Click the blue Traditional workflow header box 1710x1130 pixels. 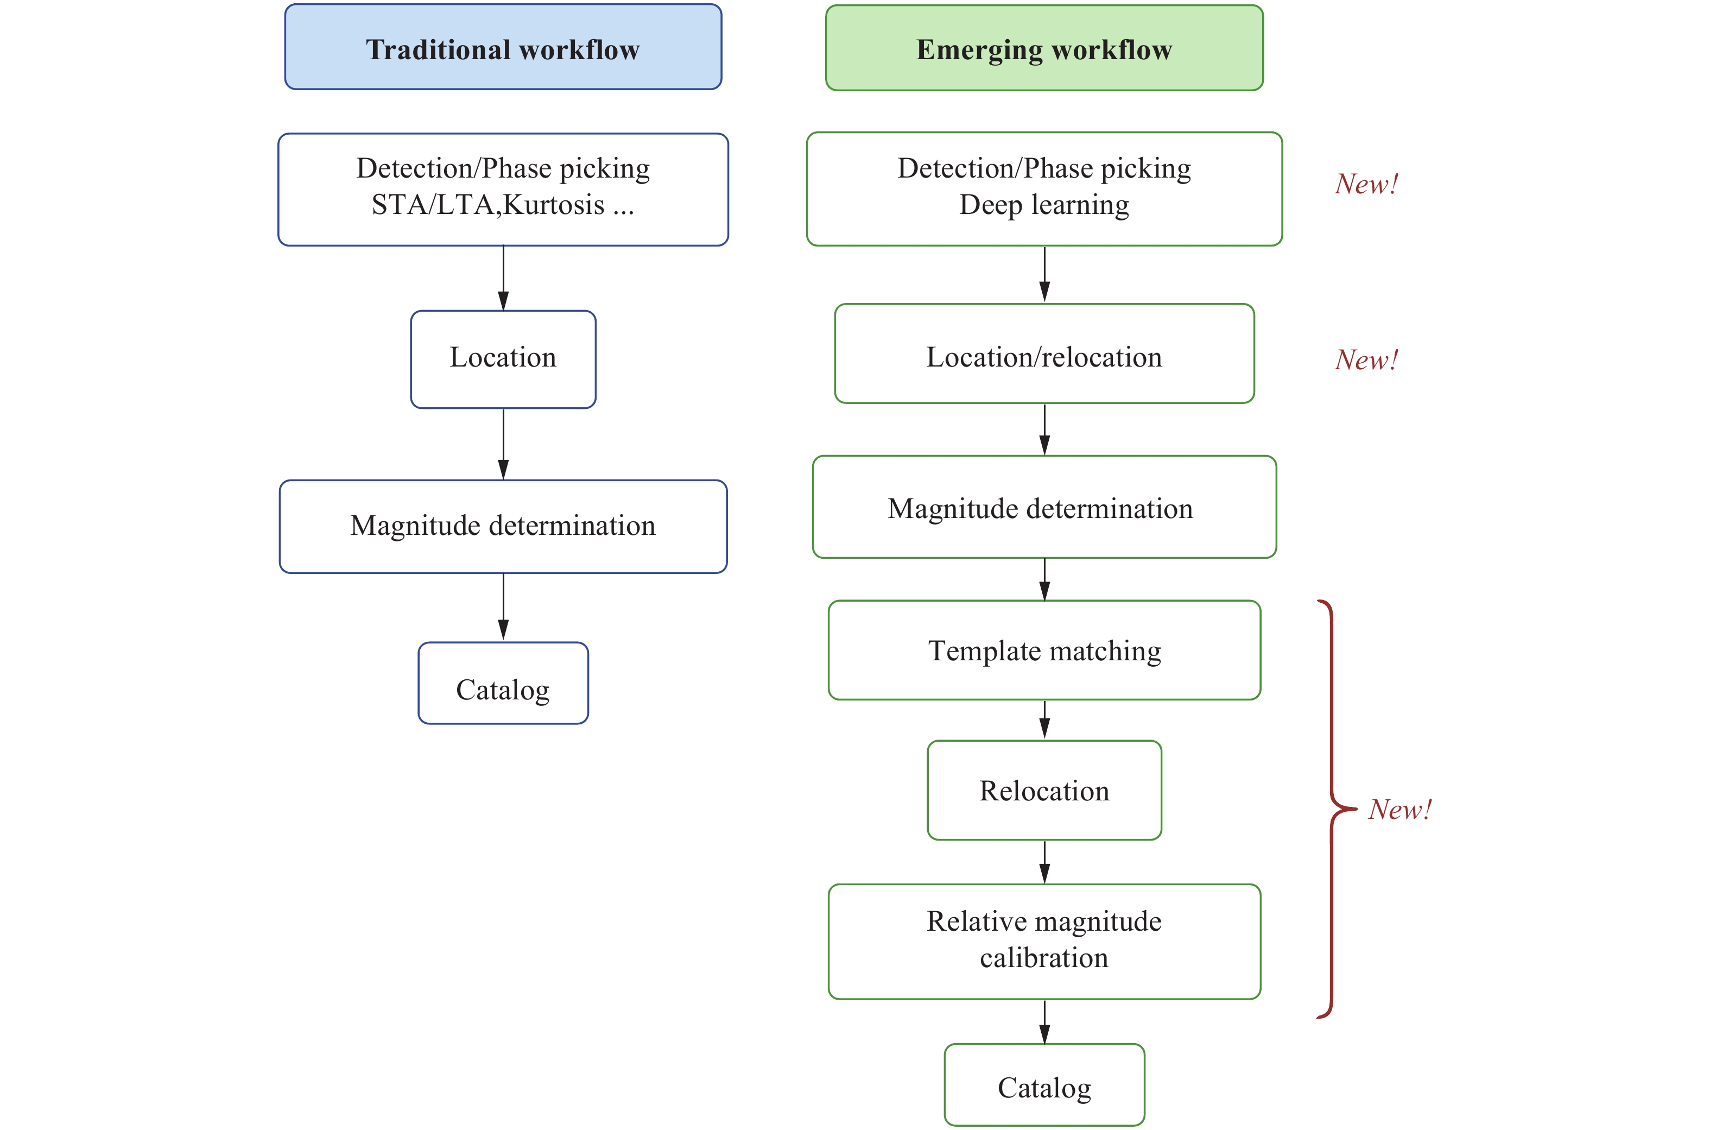click(503, 48)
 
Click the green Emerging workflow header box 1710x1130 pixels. click(1044, 48)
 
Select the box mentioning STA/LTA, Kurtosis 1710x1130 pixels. click(503, 189)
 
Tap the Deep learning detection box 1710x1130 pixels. click(1044, 189)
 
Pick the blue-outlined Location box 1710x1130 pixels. click(503, 359)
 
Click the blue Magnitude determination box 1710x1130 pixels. click(503, 526)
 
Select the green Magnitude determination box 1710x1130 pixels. click(1044, 507)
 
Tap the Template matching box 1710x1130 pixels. click(1044, 650)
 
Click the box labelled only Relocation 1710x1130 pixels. click(1044, 790)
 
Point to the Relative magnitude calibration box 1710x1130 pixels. click(1044, 940)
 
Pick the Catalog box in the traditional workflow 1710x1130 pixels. click(503, 683)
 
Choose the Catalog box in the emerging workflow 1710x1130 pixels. click(1044, 1084)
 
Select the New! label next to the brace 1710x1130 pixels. click(1399, 809)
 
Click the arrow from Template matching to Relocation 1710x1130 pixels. click(1044, 719)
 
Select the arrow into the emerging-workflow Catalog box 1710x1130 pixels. click(1044, 1021)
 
